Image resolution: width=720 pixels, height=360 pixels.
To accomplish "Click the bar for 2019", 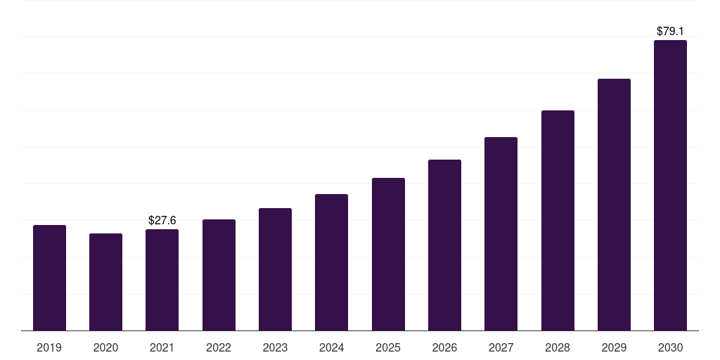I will [49, 278].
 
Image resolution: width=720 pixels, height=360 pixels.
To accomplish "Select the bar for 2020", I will [105, 282].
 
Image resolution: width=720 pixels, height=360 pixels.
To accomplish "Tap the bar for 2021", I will [162, 280].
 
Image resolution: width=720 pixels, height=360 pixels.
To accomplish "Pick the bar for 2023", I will [275, 269].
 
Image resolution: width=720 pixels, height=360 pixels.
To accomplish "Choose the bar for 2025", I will [388, 254].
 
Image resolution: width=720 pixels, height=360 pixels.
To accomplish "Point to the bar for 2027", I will [501, 233].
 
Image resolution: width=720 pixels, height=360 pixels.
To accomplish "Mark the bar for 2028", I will [558, 220].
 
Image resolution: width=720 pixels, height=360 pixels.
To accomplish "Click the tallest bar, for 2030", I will [670, 185].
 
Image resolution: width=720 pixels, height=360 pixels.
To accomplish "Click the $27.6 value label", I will [162, 221].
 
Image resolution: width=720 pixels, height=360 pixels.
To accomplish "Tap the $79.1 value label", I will [670, 32].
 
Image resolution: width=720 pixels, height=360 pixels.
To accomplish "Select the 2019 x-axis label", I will [49, 347].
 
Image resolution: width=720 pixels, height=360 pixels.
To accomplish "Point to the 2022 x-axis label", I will [219, 347].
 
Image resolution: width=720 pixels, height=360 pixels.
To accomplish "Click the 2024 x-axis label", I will [331, 347].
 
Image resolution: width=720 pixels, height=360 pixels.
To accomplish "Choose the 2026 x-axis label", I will [444, 347].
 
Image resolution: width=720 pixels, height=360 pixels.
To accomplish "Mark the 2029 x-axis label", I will [614, 347].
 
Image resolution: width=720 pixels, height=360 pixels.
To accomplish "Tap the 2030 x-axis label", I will [670, 347].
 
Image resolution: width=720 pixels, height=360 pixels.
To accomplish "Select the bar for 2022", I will [219, 275].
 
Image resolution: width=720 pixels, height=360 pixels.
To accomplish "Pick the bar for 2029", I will [614, 205].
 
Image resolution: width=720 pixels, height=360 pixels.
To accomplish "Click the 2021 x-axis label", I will [162, 347].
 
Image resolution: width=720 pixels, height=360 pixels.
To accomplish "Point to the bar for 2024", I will [331, 262].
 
